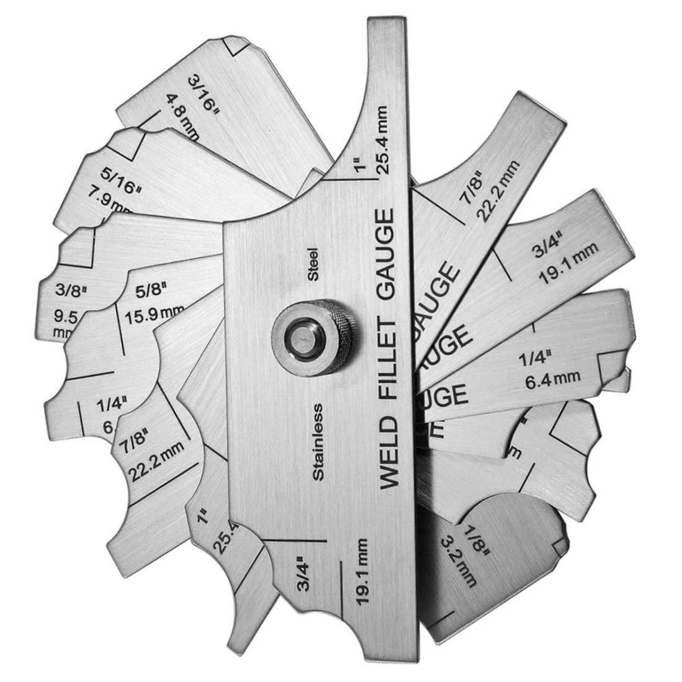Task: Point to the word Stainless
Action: pyautogui.click(x=319, y=441)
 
